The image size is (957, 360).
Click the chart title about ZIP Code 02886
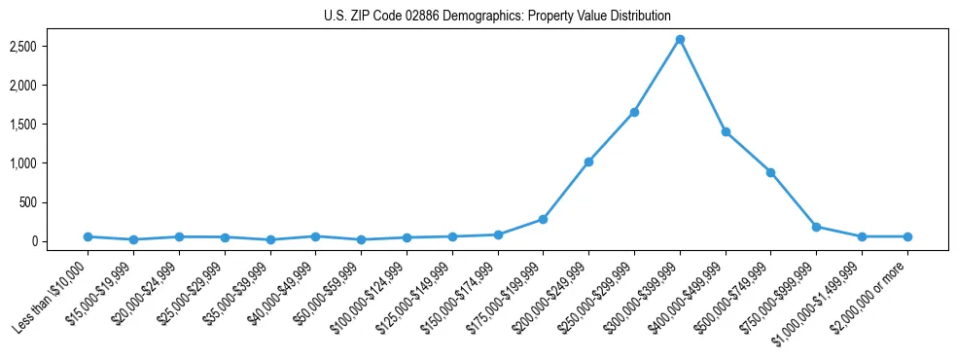tap(497, 16)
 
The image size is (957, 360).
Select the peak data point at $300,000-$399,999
tap(680, 39)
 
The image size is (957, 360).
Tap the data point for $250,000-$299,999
tap(634, 112)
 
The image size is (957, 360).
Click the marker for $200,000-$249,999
tap(588, 162)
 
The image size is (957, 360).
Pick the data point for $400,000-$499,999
tap(726, 131)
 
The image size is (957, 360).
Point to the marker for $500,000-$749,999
tap(770, 172)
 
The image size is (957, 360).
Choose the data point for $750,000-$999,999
tap(816, 227)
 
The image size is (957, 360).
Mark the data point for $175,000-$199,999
tap(543, 219)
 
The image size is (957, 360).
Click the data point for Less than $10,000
tap(88, 236)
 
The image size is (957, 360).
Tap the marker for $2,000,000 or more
tap(907, 236)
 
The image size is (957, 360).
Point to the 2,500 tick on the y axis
tap(50, 47)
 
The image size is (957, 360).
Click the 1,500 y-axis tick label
tap(50, 125)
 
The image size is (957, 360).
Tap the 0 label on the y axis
tap(60, 241)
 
